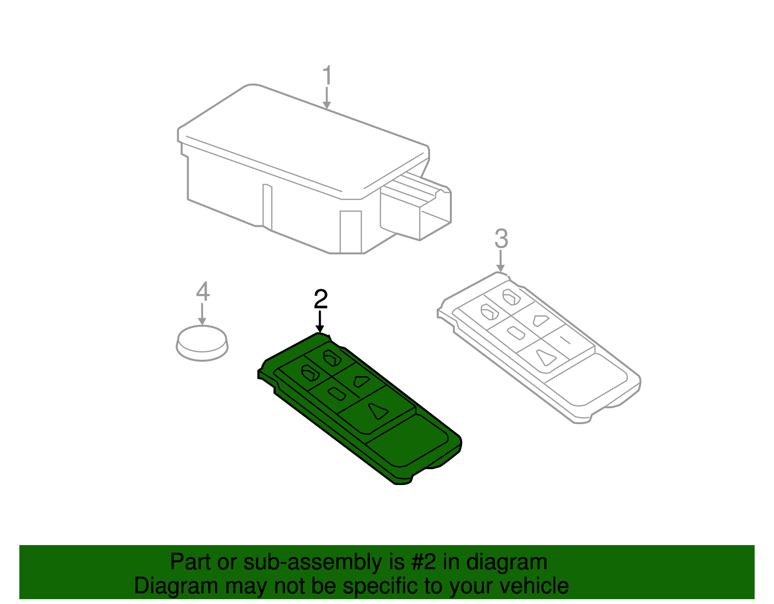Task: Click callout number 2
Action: click(321, 299)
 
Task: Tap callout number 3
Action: click(501, 239)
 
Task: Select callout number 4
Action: click(203, 292)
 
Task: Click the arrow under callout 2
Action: click(320, 322)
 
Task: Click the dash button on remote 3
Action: click(565, 339)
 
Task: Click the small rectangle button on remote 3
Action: click(516, 333)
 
